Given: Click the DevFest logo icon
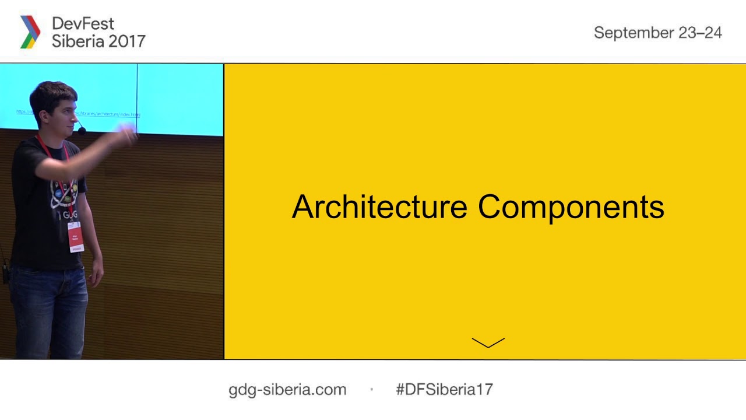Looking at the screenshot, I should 30,32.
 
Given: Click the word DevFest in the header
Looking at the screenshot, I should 83,24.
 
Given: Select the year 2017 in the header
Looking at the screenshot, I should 127,41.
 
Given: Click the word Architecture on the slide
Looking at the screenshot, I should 379,207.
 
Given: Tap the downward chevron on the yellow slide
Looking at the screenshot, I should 488,342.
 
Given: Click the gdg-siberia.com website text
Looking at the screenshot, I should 287,390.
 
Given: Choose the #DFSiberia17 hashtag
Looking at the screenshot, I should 444,390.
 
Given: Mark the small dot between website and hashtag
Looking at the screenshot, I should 371,390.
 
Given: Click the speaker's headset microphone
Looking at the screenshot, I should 82,131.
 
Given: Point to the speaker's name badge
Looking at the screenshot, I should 76,237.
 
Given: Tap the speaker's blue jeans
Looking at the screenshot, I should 50,309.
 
